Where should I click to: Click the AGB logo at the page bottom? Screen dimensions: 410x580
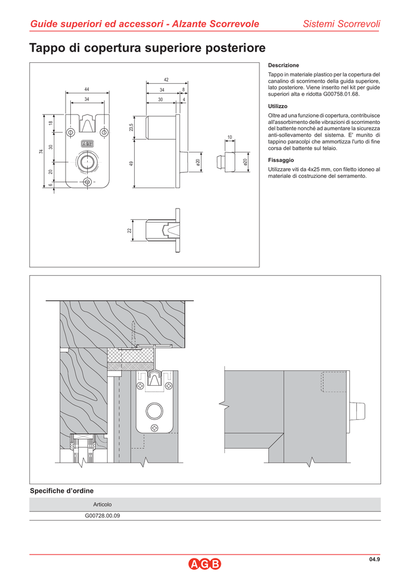click(x=205, y=564)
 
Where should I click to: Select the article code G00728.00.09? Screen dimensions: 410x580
click(x=103, y=515)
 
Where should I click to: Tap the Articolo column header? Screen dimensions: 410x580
click(x=103, y=505)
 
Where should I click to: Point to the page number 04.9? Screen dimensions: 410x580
click(x=374, y=559)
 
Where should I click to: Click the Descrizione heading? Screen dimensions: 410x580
click(x=284, y=66)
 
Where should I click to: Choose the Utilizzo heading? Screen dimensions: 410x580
click(x=277, y=106)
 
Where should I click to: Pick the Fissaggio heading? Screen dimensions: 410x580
click(x=281, y=160)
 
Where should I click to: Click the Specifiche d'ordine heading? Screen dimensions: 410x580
click(x=62, y=491)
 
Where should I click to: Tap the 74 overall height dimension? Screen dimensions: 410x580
click(x=41, y=151)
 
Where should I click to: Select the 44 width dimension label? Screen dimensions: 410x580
click(x=87, y=89)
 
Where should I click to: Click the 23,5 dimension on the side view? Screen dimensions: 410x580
click(x=131, y=127)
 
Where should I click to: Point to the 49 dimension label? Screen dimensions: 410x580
click(x=131, y=163)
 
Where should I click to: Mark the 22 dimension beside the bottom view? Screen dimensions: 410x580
click(x=129, y=231)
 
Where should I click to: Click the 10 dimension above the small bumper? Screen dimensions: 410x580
click(x=229, y=137)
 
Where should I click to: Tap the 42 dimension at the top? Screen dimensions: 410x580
click(x=166, y=80)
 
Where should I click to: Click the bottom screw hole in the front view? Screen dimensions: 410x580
click(x=88, y=182)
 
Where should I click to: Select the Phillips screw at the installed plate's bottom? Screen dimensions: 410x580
click(x=154, y=428)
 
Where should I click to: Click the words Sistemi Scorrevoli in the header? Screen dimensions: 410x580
click(x=341, y=24)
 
